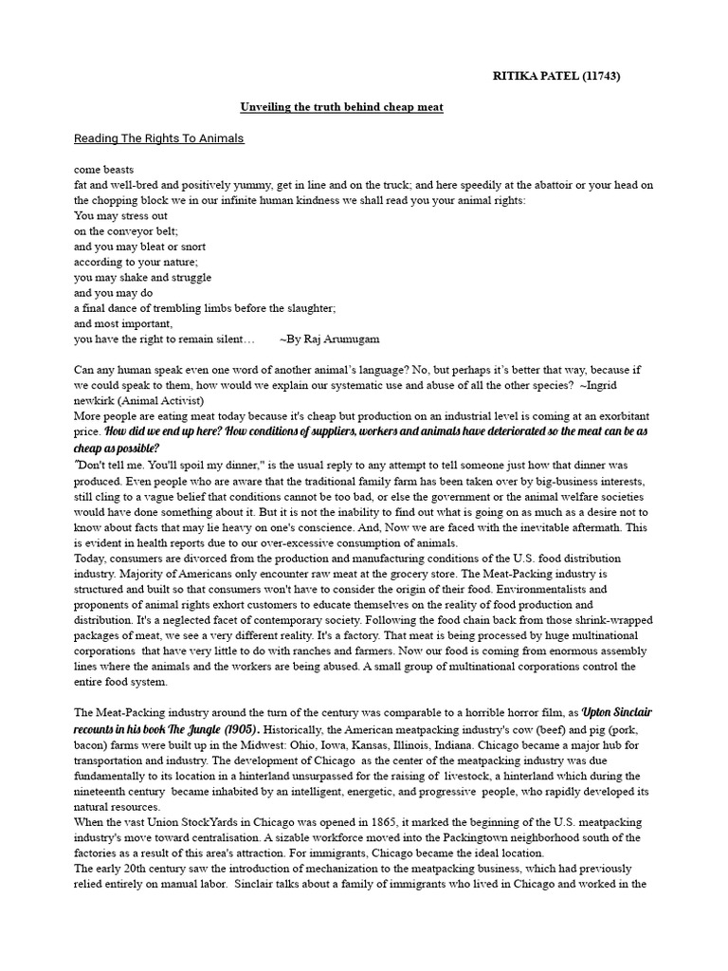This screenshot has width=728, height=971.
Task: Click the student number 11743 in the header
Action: [601, 77]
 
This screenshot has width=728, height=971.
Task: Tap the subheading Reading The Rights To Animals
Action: [158, 138]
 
